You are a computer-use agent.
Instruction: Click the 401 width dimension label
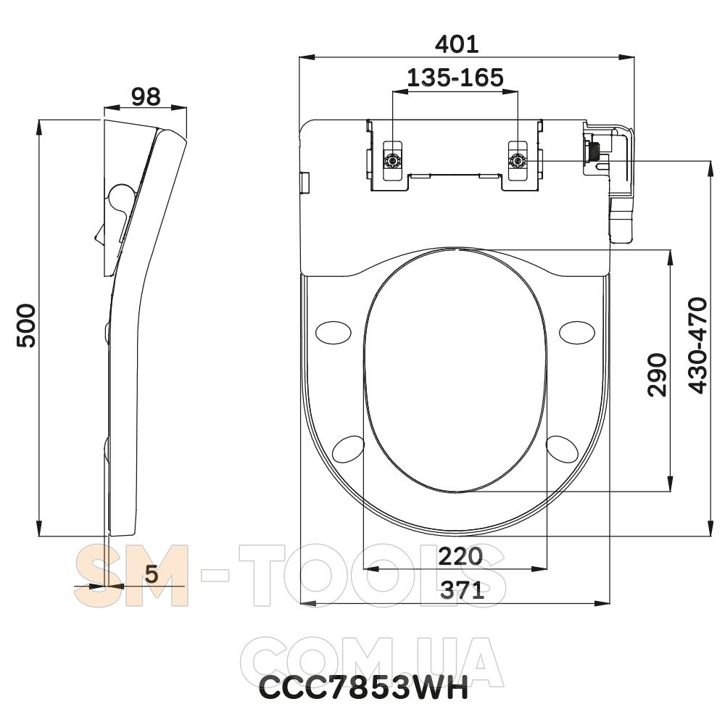point(457,44)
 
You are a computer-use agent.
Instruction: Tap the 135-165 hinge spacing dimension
point(455,78)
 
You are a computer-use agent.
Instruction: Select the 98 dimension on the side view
point(146,96)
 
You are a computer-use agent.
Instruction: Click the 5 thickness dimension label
point(152,573)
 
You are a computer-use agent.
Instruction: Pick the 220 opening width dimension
point(460,556)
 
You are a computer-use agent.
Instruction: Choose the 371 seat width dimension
point(462,590)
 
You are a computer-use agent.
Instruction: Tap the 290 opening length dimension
point(658,375)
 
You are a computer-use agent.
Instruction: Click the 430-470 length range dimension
point(697,345)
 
